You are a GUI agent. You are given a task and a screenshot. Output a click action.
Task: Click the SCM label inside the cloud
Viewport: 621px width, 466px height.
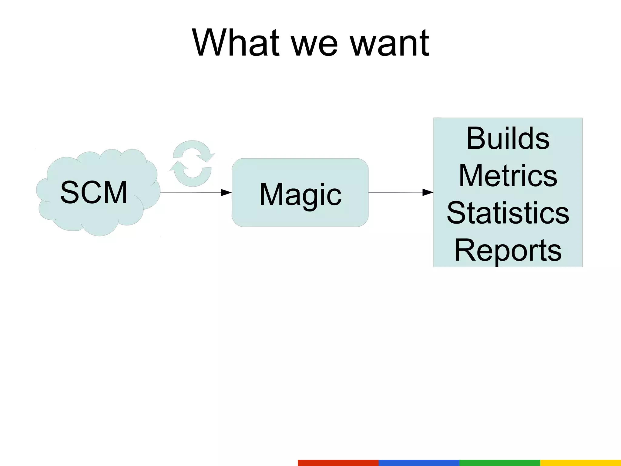94,192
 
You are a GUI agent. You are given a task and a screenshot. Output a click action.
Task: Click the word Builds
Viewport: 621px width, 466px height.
508,138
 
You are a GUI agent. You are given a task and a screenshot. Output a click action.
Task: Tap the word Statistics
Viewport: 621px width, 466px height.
508,213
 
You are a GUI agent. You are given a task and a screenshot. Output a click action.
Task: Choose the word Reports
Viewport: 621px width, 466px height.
508,250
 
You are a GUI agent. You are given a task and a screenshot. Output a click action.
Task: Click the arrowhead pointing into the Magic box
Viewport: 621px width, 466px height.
226,192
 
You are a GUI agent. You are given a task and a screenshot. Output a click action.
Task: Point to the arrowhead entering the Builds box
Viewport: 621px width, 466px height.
428,192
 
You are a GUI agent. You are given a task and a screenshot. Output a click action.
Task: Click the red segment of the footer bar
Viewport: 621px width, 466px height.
338,463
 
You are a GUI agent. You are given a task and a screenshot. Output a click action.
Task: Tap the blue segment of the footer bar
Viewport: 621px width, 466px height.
419,463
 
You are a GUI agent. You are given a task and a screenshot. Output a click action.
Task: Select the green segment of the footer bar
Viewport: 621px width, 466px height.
500,463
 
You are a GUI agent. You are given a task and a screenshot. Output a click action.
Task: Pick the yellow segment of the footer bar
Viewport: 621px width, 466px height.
580,463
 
